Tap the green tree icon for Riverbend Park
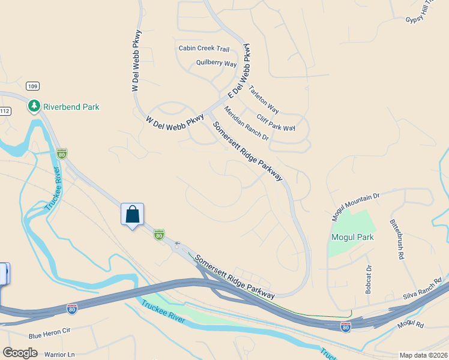(34, 106)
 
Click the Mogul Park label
(353, 237)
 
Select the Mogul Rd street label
(411, 325)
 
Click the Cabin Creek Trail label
(204, 49)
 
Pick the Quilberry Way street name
(216, 63)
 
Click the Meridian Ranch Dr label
(246, 124)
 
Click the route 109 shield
(32, 86)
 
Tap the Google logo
(20, 353)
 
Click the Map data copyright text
(423, 355)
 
